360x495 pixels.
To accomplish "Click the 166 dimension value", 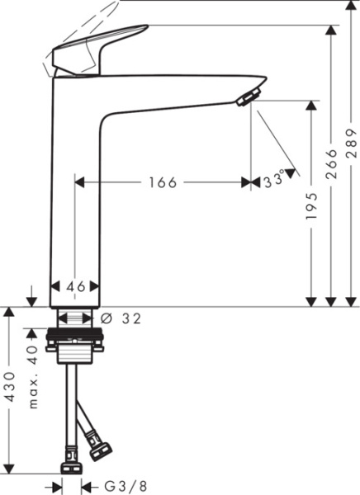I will [163, 182].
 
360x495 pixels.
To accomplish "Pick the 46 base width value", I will [76, 286].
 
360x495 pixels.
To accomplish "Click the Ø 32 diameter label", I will [121, 318].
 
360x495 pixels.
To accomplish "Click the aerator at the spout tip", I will [247, 99].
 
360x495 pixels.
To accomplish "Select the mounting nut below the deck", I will [76, 337].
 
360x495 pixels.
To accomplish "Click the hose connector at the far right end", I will [102, 453].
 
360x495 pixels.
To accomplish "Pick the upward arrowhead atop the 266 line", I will [332, 31].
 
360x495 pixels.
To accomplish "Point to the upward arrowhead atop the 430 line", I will [9, 313].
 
